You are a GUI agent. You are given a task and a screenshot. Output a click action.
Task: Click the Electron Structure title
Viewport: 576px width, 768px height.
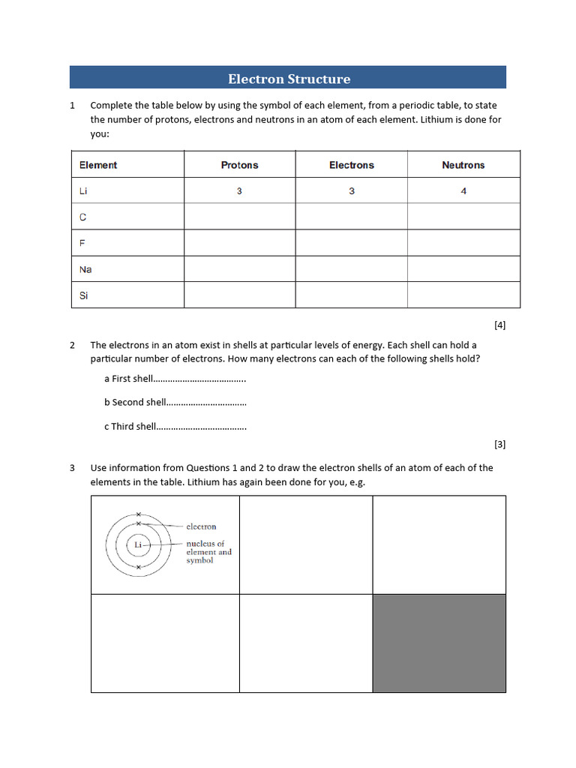coord(289,79)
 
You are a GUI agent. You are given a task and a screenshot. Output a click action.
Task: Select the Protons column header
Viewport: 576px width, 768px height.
coord(239,165)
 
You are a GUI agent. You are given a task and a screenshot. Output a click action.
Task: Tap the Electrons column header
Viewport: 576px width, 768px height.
coord(351,165)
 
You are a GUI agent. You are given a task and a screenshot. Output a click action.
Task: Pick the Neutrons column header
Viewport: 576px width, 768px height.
coord(463,165)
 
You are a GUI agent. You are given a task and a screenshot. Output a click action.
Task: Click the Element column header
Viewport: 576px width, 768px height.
coord(98,165)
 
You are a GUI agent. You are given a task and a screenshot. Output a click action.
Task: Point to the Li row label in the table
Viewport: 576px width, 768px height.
coord(83,191)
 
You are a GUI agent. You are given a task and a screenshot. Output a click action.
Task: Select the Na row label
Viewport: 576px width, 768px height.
coord(85,269)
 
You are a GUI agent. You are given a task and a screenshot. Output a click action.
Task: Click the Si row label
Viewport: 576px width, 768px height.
coord(83,295)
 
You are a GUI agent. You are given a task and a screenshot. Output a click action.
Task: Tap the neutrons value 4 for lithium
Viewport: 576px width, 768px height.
coord(463,191)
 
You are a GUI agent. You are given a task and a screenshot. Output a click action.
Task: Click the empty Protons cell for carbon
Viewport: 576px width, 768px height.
coord(239,217)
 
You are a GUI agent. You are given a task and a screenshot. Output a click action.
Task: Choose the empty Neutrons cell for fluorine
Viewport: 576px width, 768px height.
coord(463,243)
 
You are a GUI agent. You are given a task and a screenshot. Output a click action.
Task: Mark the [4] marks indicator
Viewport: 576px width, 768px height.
coord(499,325)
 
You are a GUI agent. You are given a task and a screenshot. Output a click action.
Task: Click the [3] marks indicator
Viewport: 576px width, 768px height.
coord(499,444)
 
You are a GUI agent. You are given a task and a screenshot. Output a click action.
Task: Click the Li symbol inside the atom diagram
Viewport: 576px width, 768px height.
coord(137,544)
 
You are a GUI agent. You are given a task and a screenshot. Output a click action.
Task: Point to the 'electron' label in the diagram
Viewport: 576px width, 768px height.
coord(201,526)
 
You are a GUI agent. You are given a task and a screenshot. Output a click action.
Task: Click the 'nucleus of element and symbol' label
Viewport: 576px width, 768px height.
coord(208,552)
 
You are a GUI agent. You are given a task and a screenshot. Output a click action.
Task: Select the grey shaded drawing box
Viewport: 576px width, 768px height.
coord(439,643)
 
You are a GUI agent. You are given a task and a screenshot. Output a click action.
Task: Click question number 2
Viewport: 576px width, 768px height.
coord(73,345)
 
